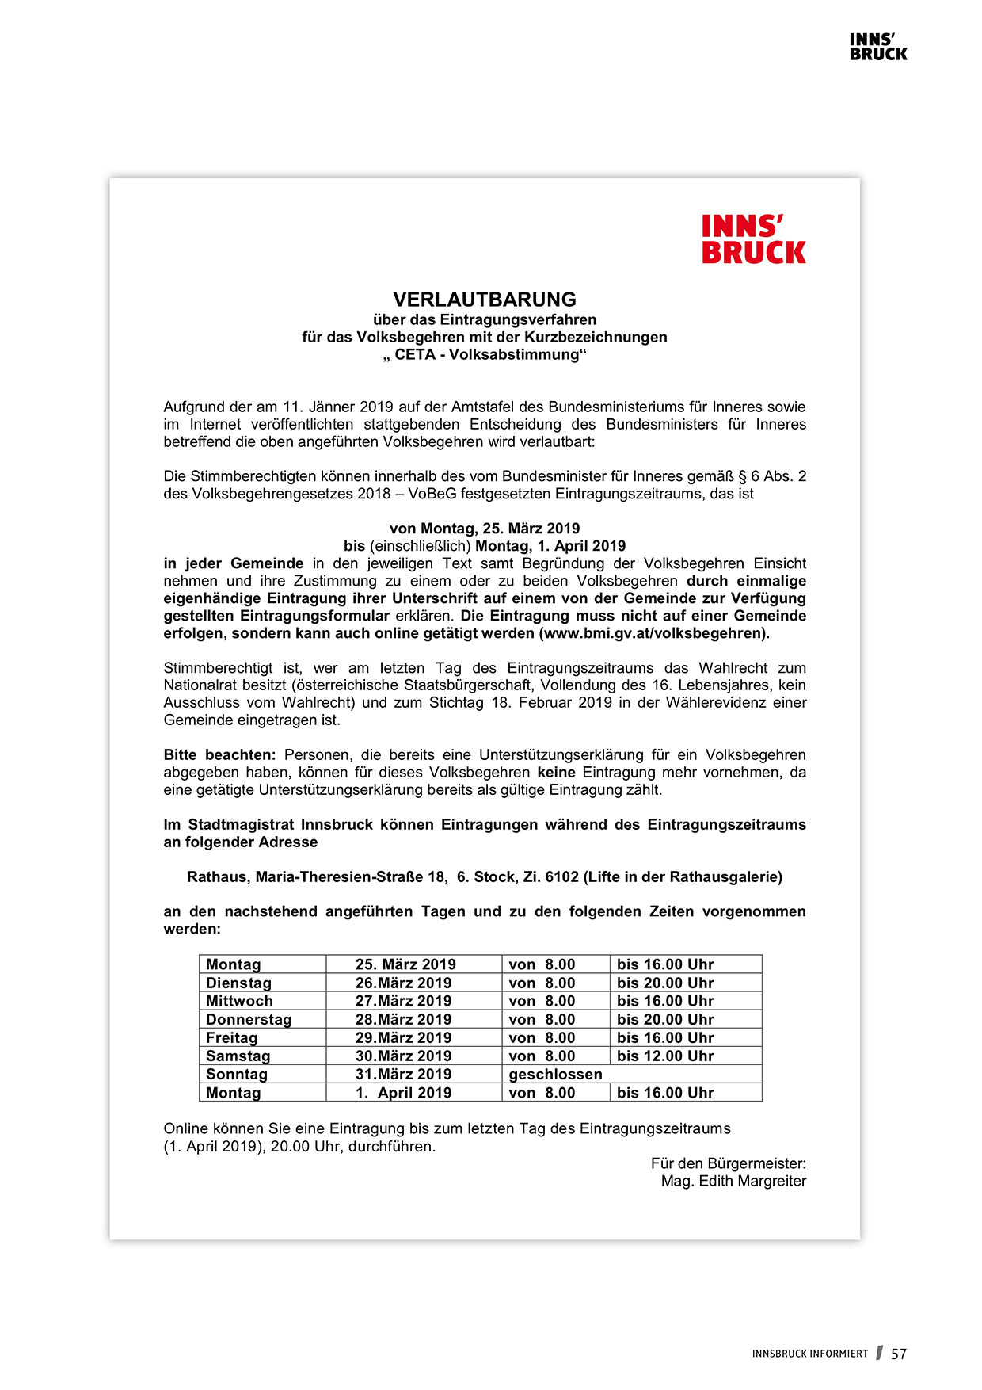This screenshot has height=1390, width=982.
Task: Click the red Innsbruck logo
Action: [753, 239]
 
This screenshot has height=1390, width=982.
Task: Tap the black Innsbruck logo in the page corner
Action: [878, 47]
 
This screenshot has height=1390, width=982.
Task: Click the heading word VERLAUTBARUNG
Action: [485, 300]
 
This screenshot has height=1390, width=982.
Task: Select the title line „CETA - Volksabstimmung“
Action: [485, 354]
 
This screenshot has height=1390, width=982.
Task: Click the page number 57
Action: [899, 1354]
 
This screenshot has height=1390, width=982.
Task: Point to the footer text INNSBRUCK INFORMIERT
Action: [810, 1354]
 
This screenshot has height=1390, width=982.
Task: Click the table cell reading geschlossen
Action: [555, 1074]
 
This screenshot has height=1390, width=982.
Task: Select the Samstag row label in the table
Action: [238, 1056]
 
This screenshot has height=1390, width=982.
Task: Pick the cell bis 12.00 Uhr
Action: [665, 1056]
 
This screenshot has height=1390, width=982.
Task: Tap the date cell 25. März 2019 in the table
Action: [405, 964]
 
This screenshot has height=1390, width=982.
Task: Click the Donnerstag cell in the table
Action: [249, 1019]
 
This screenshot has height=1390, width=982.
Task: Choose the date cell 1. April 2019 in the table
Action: [403, 1093]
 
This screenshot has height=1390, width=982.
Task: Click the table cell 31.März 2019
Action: [403, 1074]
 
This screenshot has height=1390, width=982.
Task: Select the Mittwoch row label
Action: [239, 1001]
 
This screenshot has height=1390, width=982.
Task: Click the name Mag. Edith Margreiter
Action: [733, 1181]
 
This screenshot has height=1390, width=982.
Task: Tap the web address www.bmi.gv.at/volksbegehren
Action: [653, 633]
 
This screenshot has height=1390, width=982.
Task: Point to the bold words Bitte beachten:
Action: [219, 754]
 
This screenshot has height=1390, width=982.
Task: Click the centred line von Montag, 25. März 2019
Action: [485, 529]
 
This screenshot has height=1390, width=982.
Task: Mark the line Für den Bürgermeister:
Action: [728, 1163]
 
